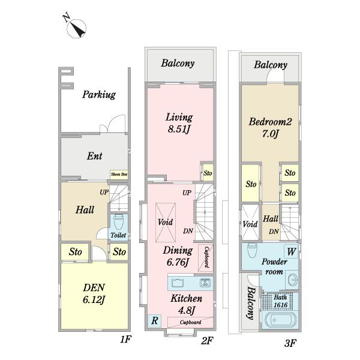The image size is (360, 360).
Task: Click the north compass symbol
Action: pos(76,28)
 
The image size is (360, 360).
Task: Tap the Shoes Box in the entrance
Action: pos(119,174)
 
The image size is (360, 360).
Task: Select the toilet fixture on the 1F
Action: pos(118,222)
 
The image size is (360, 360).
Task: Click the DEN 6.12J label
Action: pos(94,293)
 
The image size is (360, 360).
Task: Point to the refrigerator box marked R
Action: pos(155,320)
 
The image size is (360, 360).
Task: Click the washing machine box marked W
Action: pos(291,251)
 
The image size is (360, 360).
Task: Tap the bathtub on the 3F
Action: pos(280,320)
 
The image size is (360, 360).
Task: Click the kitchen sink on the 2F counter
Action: pos(178,283)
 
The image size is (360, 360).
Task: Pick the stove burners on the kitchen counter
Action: pos(205,283)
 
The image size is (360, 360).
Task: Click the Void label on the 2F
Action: pos(166,222)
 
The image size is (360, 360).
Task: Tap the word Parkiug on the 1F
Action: pos(99,95)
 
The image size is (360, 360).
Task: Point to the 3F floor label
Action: pos(290,343)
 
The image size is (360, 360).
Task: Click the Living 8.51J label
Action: pos(179,123)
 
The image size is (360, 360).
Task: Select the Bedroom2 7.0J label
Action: pos(270,128)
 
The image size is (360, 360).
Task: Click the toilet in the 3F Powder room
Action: pos(252,251)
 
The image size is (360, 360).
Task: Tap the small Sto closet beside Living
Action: pos(208,173)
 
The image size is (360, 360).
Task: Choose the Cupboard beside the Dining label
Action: pos(206,257)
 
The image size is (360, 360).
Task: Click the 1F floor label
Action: pos(125,339)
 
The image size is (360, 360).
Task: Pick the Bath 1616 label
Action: pos(281,301)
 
